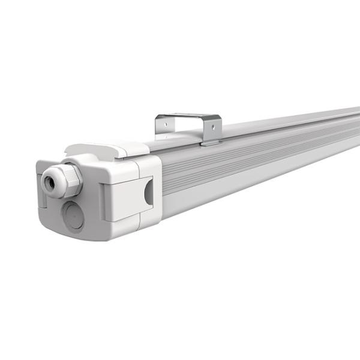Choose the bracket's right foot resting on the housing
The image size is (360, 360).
coord(211,142)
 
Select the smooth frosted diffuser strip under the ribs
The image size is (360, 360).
coord(240,180)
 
